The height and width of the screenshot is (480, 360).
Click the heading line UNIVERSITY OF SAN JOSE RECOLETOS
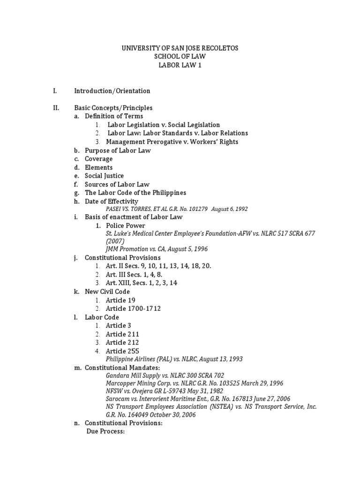point(180,48)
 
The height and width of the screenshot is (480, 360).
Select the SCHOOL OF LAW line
point(180,57)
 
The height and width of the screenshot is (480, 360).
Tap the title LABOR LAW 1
point(180,65)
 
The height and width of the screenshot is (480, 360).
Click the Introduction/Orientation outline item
point(112,91)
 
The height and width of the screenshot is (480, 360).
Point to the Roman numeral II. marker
point(56,108)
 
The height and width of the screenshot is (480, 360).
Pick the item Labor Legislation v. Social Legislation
point(163,125)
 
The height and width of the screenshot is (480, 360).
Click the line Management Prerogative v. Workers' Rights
point(172,142)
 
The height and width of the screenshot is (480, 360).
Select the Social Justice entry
point(104,176)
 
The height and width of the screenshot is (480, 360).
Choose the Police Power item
point(125,226)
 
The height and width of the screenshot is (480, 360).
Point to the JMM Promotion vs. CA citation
point(157,249)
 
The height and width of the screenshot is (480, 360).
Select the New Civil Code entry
point(107,291)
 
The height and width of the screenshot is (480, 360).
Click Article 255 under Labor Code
point(122,351)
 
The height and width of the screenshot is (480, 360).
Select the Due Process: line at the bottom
point(105,432)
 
